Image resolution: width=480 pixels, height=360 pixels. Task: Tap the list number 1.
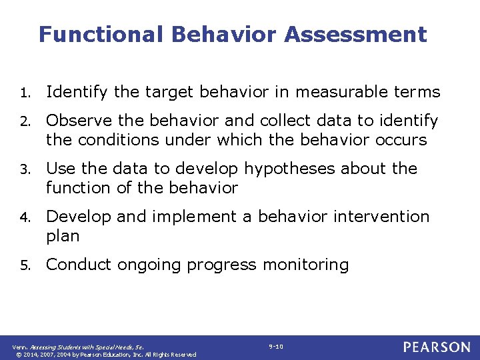pos(23,92)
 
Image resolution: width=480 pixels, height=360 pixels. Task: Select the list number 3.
pos(23,169)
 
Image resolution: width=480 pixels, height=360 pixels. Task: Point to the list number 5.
pos(23,265)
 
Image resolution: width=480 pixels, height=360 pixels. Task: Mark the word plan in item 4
pos(63,236)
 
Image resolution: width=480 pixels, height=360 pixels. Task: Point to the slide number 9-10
pos(276,347)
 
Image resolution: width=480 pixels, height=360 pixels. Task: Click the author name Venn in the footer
pos(19,347)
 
